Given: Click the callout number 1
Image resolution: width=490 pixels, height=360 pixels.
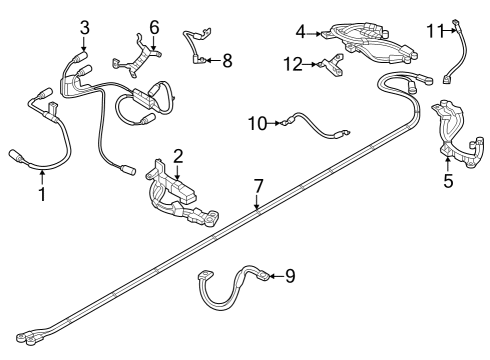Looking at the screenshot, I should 43,193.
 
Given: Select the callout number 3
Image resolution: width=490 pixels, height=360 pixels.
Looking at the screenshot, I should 84,27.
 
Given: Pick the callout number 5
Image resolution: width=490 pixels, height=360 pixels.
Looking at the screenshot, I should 448,181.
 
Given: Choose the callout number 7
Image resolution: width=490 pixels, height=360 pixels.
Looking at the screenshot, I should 257,186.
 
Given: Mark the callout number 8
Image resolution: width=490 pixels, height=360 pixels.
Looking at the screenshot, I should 226,61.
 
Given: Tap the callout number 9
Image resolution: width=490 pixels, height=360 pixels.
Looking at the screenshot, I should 290,275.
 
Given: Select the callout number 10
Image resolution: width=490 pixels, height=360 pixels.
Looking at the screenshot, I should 257,123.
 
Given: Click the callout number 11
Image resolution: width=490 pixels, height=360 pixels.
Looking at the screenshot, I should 432,31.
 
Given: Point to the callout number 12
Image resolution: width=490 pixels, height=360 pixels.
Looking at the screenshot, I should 292,64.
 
